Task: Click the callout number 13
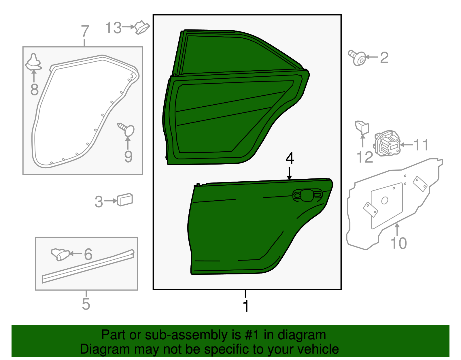coord(114,28)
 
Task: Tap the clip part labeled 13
coord(142,27)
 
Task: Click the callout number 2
coord(384,57)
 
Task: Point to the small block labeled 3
coord(125,199)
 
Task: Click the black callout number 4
coord(290,158)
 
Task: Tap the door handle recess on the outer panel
coord(307,195)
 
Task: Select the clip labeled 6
coord(60,254)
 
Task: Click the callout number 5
coord(86,304)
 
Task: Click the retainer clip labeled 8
coord(33,62)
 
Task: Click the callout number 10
coord(399,243)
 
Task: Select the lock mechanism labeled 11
coord(387,143)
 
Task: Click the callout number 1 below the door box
coord(246,306)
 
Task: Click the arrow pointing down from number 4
coord(289,173)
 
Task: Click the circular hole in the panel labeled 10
coord(385,200)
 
